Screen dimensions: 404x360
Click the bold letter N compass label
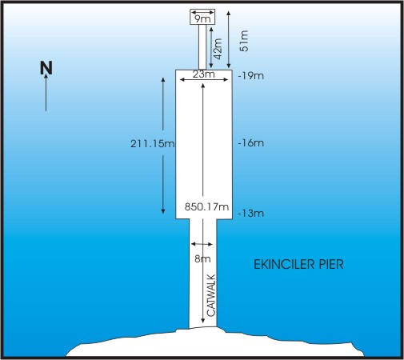46,68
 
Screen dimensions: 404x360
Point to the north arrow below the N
46,92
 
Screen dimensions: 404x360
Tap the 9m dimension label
202,19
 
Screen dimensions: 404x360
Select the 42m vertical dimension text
218,49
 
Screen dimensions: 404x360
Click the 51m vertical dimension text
244,41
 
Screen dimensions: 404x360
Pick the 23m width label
204,74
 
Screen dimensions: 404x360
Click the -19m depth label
251,76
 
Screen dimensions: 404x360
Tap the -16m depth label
251,143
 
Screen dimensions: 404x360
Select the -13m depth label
251,214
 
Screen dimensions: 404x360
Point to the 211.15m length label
153,144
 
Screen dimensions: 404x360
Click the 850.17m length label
206,206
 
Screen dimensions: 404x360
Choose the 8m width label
202,258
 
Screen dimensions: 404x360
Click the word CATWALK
211,295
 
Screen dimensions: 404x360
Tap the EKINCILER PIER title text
298,265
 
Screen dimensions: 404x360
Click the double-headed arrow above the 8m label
202,244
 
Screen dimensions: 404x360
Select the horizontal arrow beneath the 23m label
204,79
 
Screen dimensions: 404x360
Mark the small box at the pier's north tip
202,17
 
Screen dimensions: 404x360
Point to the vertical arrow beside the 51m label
229,39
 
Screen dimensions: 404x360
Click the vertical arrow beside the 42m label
211,47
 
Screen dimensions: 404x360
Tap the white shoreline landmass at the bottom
215,343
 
